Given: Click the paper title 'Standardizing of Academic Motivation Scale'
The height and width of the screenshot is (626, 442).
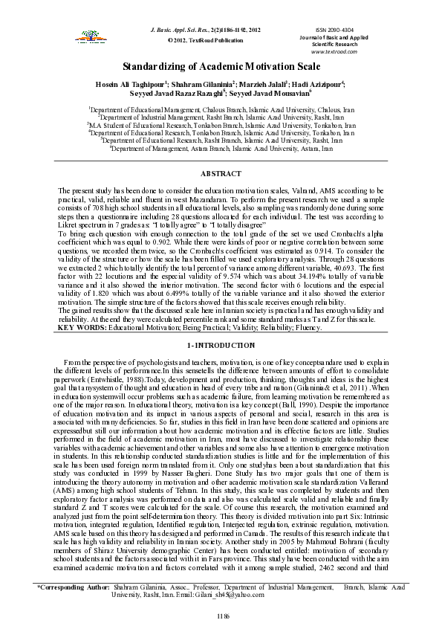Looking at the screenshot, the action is (x=221, y=65).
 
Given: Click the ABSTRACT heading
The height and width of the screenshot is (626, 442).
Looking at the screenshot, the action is (x=221, y=172).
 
